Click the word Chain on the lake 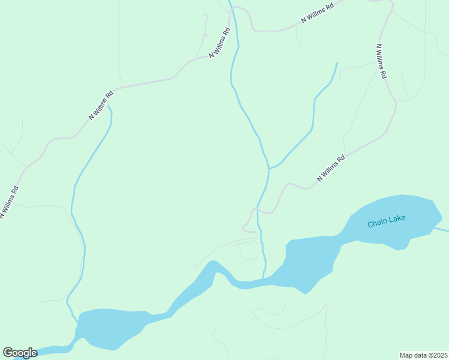tap(377, 223)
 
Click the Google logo tap(20, 353)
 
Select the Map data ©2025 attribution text tap(424, 355)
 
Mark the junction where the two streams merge tap(268, 169)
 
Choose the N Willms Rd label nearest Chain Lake tap(331, 169)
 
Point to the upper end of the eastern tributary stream tap(336, 63)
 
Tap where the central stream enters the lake tap(263, 278)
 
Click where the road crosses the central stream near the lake tap(258, 209)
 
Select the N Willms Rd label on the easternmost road tap(382, 61)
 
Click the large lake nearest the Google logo tap(114, 328)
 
